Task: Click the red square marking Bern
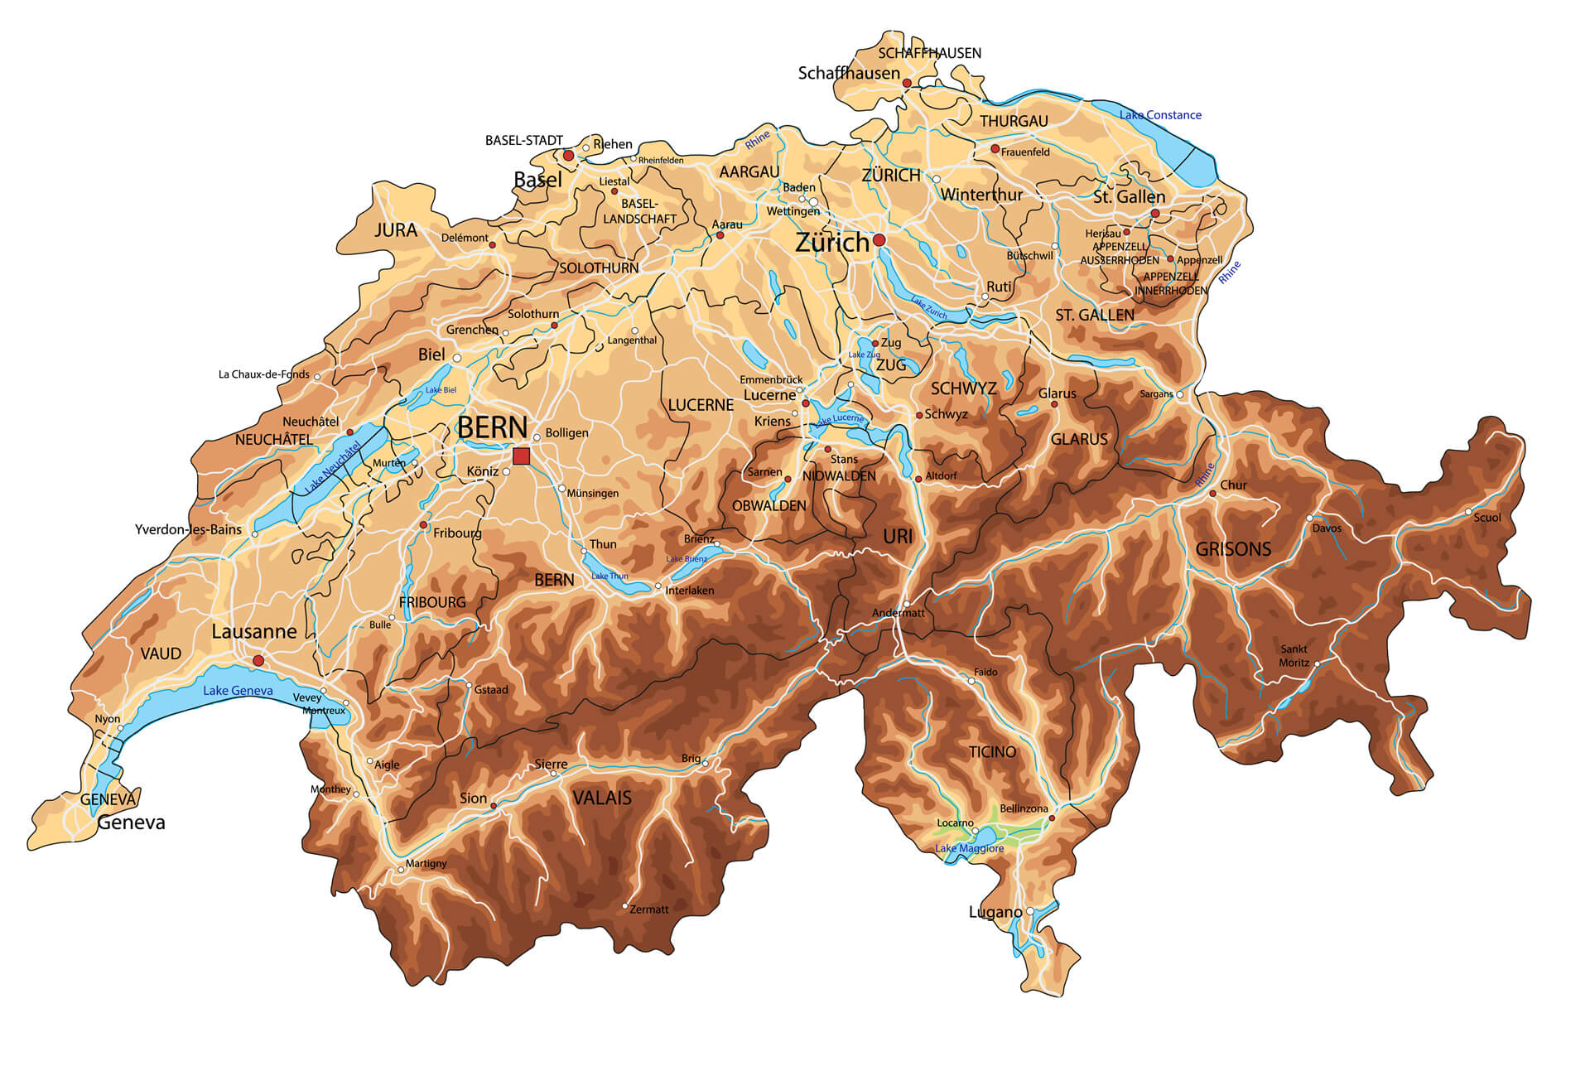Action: point(521,456)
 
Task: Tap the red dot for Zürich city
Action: point(879,240)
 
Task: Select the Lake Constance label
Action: point(1159,115)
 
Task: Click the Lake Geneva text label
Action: point(238,691)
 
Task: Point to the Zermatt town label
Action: point(648,909)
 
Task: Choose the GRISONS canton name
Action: point(1232,549)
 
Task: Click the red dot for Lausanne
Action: point(258,660)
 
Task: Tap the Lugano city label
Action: point(995,912)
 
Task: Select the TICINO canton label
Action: point(992,752)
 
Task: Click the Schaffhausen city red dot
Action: point(907,83)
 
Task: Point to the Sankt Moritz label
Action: point(1294,656)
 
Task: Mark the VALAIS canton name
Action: point(602,798)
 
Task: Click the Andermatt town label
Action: point(898,613)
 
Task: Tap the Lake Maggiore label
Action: point(969,848)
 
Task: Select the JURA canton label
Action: point(396,230)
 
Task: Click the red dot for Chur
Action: point(1212,493)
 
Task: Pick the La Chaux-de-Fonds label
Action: point(263,374)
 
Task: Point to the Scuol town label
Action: point(1486,518)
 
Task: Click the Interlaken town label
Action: point(689,591)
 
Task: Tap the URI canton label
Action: point(898,537)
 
